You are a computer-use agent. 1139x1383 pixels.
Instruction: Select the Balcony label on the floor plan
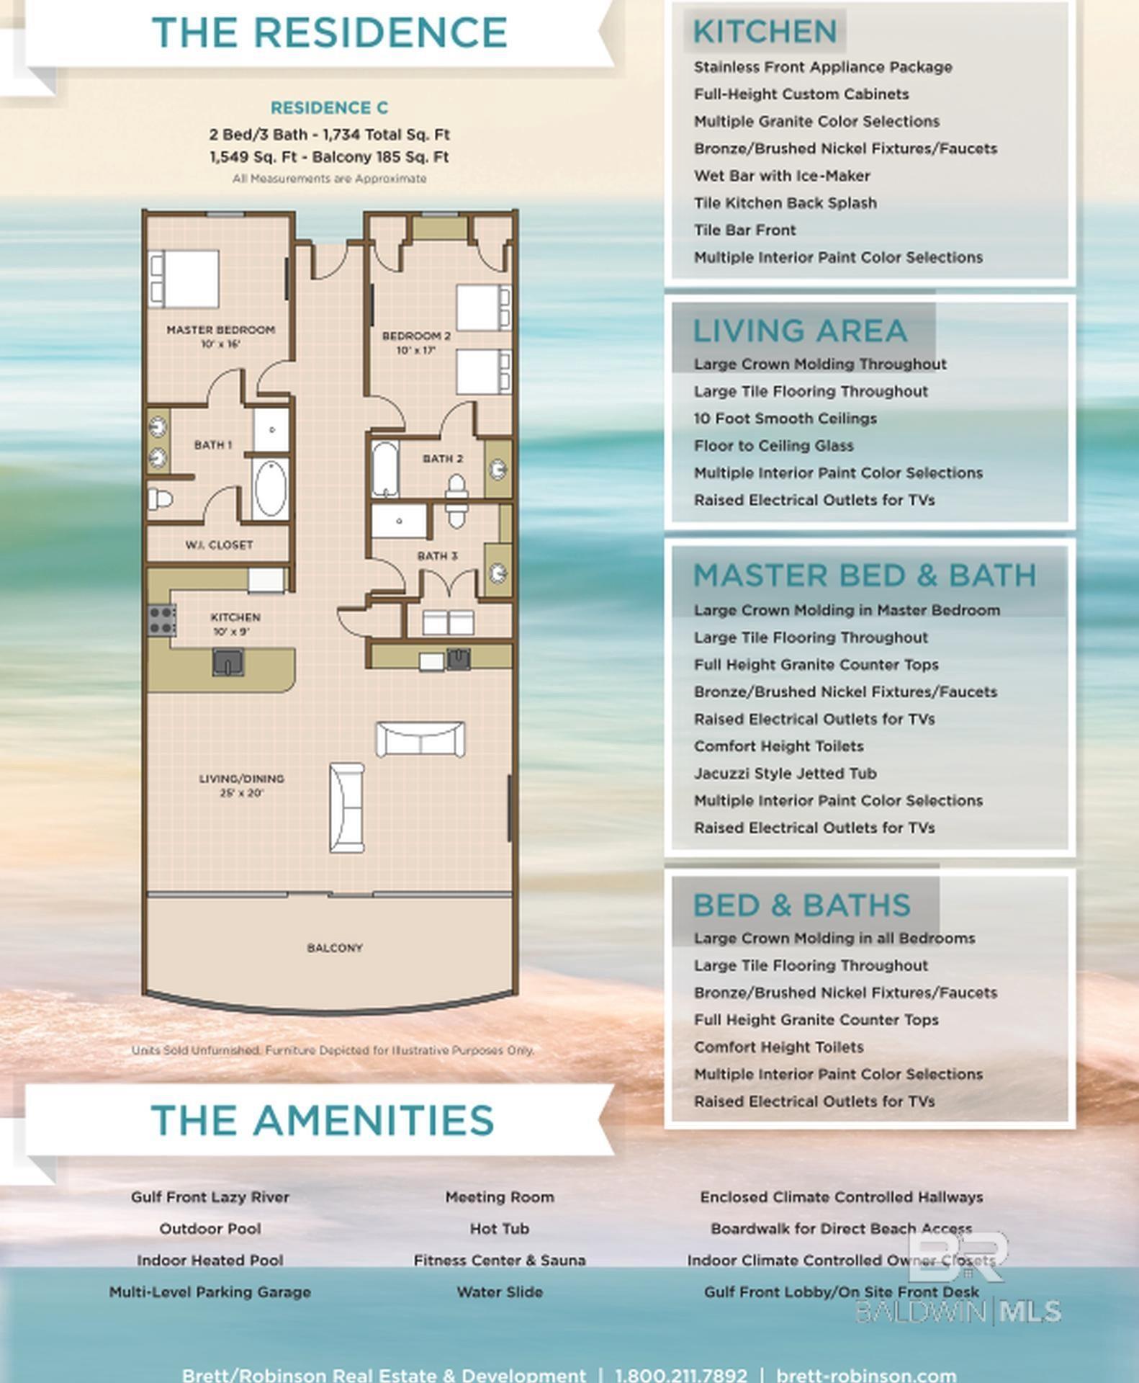point(335,948)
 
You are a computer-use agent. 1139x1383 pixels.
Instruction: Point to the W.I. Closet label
point(219,545)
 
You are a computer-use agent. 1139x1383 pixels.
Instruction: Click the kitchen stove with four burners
point(162,619)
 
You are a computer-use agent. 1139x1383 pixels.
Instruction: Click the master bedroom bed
point(184,278)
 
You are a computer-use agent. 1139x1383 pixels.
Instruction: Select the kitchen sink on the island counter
point(228,661)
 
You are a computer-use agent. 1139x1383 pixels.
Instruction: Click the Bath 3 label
point(437,555)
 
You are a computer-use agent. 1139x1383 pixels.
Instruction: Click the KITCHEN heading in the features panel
point(765,32)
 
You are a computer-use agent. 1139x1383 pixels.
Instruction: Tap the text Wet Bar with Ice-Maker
point(781,176)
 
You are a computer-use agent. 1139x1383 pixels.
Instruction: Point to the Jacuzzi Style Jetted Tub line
point(785,773)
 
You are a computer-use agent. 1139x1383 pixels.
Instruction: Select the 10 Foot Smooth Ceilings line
point(785,419)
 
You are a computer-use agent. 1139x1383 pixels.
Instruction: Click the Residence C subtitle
point(329,108)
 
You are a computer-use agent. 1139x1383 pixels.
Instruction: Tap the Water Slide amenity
point(499,1292)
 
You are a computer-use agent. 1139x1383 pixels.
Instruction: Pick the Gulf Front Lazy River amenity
point(210,1196)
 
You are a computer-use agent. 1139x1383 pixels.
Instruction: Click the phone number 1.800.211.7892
point(680,1374)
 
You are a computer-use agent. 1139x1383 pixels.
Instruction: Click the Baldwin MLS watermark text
point(958,1311)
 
